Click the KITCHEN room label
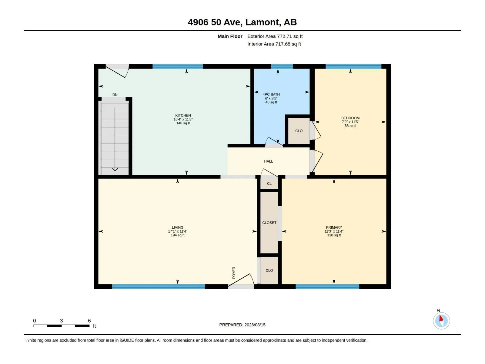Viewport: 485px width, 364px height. tap(183, 115)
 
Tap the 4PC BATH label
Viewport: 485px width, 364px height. tap(271, 94)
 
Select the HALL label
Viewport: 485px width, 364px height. tap(269, 161)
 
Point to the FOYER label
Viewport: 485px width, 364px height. tap(234, 273)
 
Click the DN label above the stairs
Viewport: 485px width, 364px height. tap(115, 95)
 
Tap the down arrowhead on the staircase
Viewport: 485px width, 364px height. tap(115, 170)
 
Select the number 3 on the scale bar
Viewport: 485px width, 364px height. tap(62, 321)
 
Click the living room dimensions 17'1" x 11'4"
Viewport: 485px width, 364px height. tap(177, 231)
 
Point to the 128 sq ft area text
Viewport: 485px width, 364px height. tap(334, 235)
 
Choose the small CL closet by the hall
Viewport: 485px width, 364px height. tap(269, 184)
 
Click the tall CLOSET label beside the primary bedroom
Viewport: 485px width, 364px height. tap(269, 223)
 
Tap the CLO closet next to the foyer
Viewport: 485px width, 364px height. tap(269, 271)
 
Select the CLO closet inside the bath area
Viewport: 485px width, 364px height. tap(299, 131)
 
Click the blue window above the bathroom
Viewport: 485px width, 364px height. tap(282, 66)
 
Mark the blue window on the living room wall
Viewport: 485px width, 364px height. tap(159, 286)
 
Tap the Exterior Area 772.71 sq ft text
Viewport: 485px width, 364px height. tap(275, 36)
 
